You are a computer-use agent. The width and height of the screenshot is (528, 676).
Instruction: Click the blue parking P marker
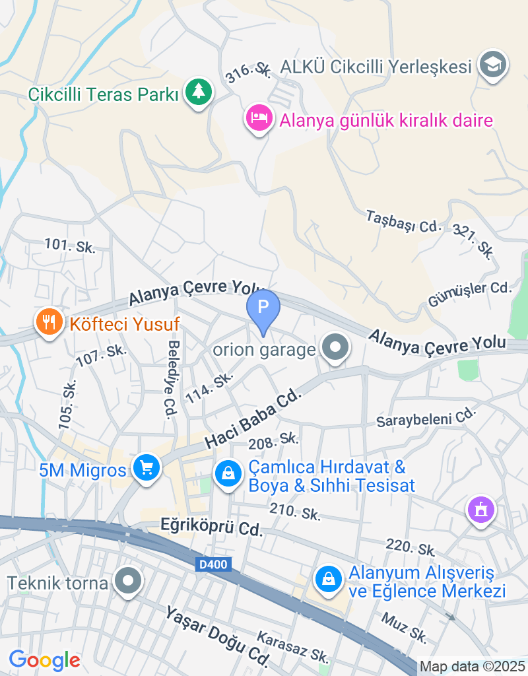(263, 308)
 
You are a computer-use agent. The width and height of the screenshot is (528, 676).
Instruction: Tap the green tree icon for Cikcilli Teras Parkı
(198, 92)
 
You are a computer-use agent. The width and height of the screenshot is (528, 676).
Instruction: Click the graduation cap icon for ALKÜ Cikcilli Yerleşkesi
(492, 65)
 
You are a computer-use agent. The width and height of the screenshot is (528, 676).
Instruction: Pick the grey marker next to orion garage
(335, 347)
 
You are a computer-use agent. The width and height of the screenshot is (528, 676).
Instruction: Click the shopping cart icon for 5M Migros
(146, 468)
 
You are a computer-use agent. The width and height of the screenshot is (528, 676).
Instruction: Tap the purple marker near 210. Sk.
(480, 510)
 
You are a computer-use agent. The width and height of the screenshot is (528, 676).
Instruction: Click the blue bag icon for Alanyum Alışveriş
(327, 579)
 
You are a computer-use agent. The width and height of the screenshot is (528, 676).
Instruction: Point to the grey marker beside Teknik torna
(128, 582)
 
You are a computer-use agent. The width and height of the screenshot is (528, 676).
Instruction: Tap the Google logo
(45, 659)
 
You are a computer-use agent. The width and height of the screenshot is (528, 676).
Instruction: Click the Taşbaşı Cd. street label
(403, 221)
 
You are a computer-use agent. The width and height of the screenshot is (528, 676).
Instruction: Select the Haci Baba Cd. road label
(253, 419)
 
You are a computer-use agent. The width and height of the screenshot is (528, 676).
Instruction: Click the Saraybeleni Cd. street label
(426, 417)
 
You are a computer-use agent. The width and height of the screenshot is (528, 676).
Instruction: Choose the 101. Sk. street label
(70, 246)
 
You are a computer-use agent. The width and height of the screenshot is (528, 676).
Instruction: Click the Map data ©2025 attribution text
(473, 667)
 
